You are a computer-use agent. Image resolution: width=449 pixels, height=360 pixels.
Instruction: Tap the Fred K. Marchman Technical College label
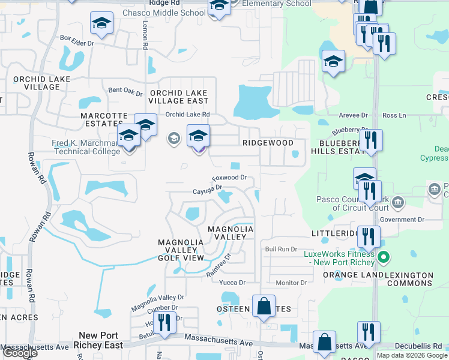88,147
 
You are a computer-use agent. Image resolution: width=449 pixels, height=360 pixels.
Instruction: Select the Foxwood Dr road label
229,178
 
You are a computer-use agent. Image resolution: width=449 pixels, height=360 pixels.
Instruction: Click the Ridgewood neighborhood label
268,143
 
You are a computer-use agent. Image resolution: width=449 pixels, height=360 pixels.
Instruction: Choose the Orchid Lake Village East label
178,97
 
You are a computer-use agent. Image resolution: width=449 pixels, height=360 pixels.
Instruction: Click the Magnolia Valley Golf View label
178,250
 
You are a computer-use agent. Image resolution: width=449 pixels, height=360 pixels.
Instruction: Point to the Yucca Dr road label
234,283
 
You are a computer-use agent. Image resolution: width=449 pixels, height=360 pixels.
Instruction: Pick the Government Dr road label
402,220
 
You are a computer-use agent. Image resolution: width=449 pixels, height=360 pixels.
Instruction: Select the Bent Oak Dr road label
125,92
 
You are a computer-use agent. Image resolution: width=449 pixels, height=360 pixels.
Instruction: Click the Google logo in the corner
20,353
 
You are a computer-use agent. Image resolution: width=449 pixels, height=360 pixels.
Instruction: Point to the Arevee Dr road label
353,115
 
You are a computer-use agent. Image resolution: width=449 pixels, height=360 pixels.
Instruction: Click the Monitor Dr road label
291,283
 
